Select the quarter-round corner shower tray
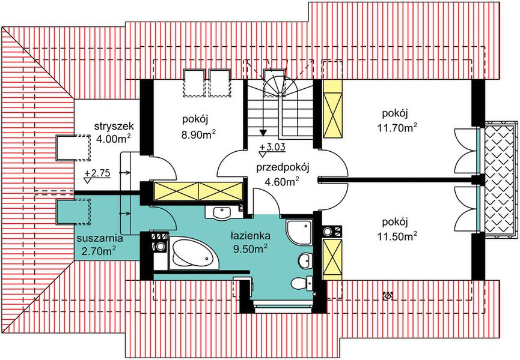298,230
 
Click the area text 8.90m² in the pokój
197,134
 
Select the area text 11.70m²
399,128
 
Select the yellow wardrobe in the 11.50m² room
331,259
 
